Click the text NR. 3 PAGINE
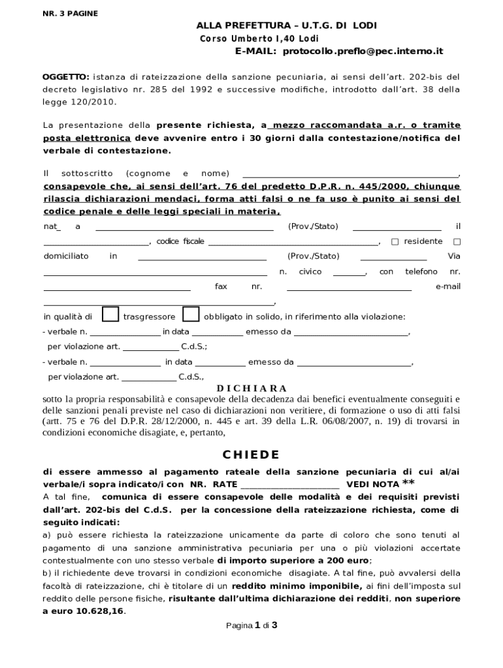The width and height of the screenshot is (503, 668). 70,13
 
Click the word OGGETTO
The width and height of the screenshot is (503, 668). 65,76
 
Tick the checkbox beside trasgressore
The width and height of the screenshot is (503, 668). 111,314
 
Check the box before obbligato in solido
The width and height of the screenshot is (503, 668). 191,314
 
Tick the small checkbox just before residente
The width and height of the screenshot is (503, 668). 395,241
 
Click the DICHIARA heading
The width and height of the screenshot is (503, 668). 252,388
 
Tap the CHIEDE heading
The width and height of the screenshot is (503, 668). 251,455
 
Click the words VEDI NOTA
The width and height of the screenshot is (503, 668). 372,485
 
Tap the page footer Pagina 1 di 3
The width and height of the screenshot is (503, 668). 252,626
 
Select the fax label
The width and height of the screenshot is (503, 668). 221,286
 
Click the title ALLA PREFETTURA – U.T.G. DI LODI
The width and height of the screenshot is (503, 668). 287,25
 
